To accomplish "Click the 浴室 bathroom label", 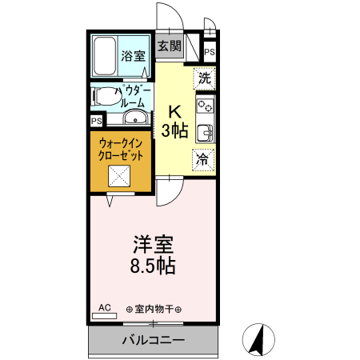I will coord(133,56).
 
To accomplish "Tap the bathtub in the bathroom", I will coord(105,55).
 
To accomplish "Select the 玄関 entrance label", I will coord(168,46).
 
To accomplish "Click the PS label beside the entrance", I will coord(210,53).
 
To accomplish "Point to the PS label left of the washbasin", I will coord(96,121).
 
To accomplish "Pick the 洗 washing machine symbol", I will coord(204,78).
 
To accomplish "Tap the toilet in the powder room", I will coord(103,97).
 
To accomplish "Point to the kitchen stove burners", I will coord(205,105).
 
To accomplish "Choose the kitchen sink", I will coord(205,132).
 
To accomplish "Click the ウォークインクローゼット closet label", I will coord(122,150).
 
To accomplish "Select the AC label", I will coord(105,306).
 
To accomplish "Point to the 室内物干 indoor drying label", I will coord(154,310).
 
